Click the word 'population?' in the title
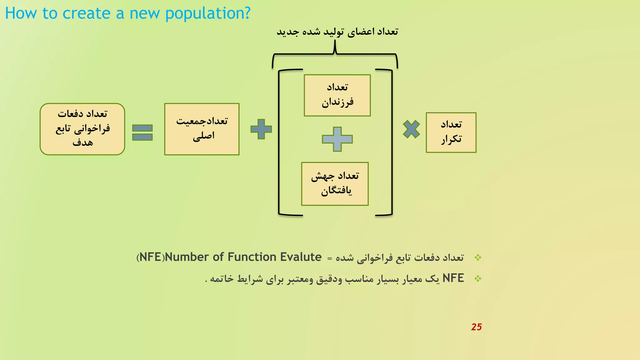208,13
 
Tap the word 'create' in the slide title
87,13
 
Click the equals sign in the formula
142,132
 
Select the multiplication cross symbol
411,129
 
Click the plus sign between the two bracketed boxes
337,139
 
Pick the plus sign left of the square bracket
261,129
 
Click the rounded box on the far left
82,129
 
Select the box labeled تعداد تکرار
451,132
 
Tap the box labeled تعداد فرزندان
337,95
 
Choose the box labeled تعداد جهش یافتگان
335,184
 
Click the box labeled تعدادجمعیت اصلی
202,129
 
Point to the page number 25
476,327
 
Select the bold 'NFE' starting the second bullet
453,278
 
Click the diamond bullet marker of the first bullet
478,257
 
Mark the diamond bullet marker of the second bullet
478,278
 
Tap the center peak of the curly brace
335,44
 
